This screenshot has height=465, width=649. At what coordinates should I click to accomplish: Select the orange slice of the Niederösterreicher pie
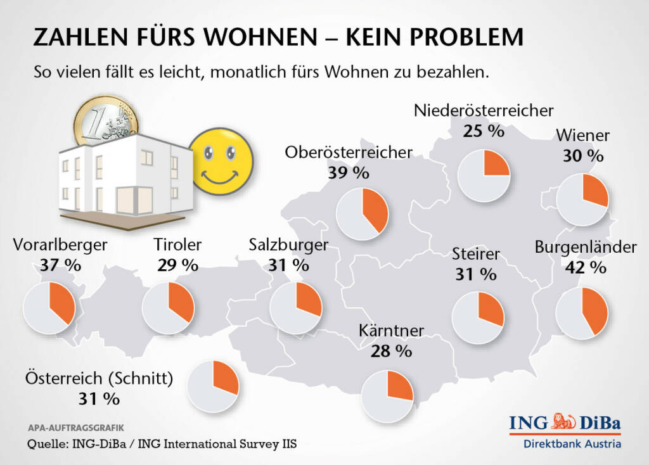tap(496, 163)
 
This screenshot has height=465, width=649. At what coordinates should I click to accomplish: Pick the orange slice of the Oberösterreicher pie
tap(375, 208)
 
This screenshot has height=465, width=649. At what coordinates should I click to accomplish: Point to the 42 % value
tap(584, 268)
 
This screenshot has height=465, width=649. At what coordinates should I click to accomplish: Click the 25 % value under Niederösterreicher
tap(483, 131)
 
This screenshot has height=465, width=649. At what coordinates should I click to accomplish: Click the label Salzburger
tap(288, 245)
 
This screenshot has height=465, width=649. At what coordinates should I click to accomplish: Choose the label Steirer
tap(476, 255)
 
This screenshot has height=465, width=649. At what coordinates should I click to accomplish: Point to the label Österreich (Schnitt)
tap(99, 378)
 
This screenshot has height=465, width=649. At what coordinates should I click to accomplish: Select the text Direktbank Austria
tap(572, 443)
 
